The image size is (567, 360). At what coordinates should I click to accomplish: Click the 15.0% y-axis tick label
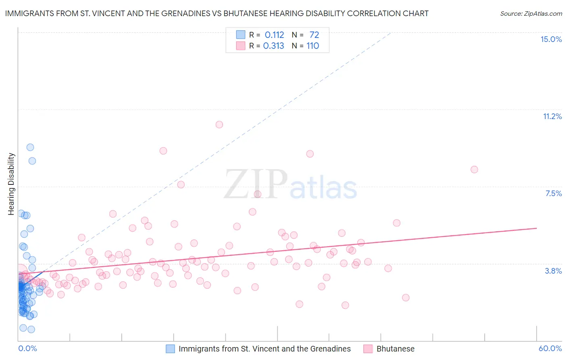point(551,39)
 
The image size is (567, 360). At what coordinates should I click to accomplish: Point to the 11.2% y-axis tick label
point(552,116)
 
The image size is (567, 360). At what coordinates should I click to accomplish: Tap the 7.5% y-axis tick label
point(553,193)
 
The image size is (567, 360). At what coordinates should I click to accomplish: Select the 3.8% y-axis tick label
point(553,271)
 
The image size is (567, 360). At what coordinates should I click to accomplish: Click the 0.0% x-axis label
point(27,348)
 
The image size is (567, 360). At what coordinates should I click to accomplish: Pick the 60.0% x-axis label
point(550,348)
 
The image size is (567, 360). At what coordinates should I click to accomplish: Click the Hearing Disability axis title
point(11,184)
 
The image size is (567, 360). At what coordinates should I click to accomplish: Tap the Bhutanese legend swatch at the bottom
point(368,349)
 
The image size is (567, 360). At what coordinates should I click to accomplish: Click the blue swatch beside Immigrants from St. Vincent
point(171,349)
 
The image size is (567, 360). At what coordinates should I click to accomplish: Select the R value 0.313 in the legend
point(273,46)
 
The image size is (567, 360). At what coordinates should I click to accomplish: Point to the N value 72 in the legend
point(314,35)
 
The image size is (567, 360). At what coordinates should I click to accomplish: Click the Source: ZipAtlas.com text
point(531,14)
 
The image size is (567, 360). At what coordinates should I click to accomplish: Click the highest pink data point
point(219,124)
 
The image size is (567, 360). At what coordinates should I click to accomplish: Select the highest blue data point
point(30,147)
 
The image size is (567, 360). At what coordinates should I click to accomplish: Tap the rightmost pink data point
point(474,170)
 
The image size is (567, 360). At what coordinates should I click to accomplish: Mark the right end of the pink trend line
point(537,228)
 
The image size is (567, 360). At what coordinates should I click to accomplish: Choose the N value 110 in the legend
point(313,46)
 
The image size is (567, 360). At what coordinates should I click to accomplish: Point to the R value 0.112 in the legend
point(274,35)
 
